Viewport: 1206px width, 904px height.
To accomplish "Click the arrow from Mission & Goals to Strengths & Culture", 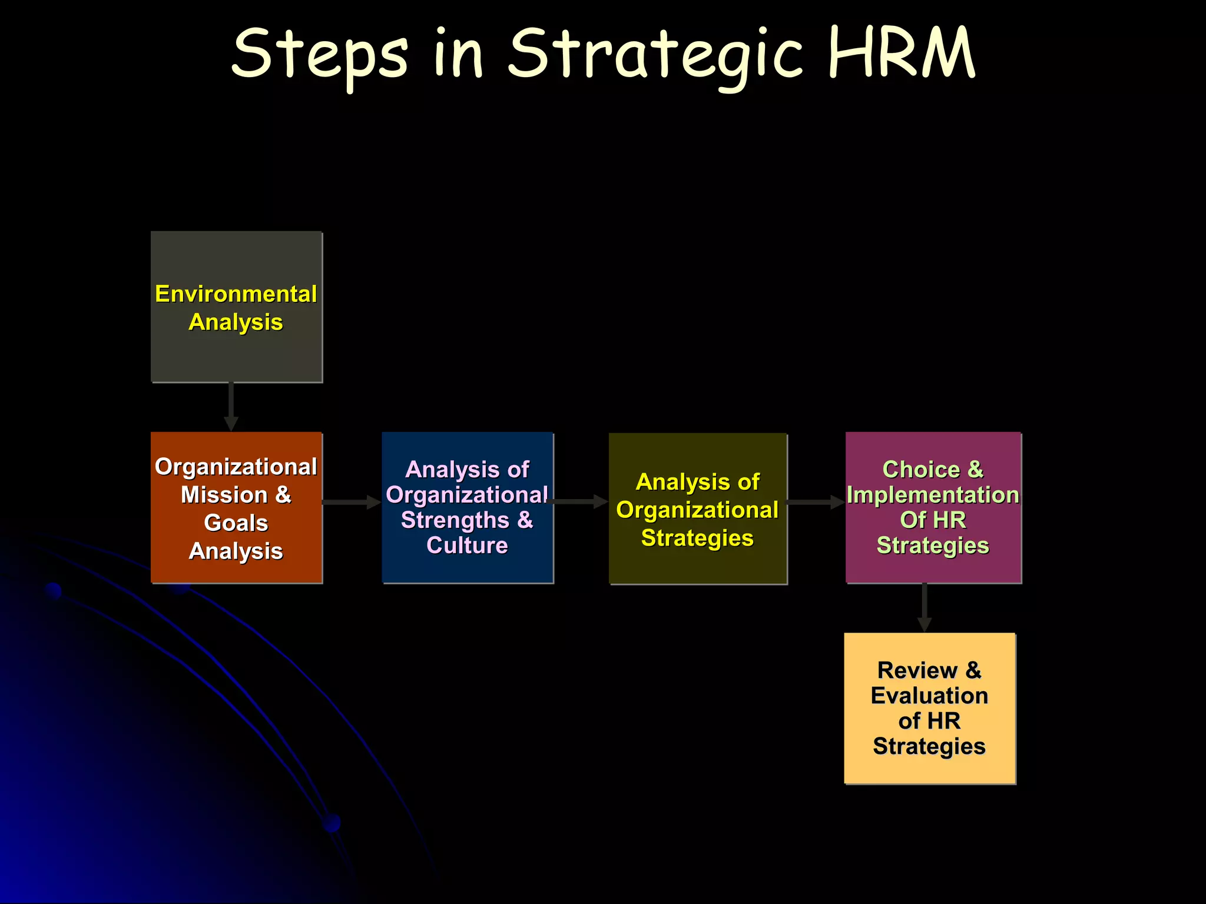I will click(x=351, y=502).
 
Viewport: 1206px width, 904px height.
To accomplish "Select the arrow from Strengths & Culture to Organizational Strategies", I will click(x=580, y=501).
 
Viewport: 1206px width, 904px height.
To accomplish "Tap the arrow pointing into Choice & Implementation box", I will click(x=816, y=502).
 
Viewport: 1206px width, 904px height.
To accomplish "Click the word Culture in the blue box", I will click(x=467, y=546).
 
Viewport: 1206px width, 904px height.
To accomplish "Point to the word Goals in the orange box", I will click(x=236, y=523).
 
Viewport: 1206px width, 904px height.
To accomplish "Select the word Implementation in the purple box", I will click(x=933, y=495).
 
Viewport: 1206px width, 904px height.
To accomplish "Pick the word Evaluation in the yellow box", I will click(x=929, y=696).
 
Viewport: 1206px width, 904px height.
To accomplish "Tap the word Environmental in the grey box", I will click(x=236, y=294).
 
